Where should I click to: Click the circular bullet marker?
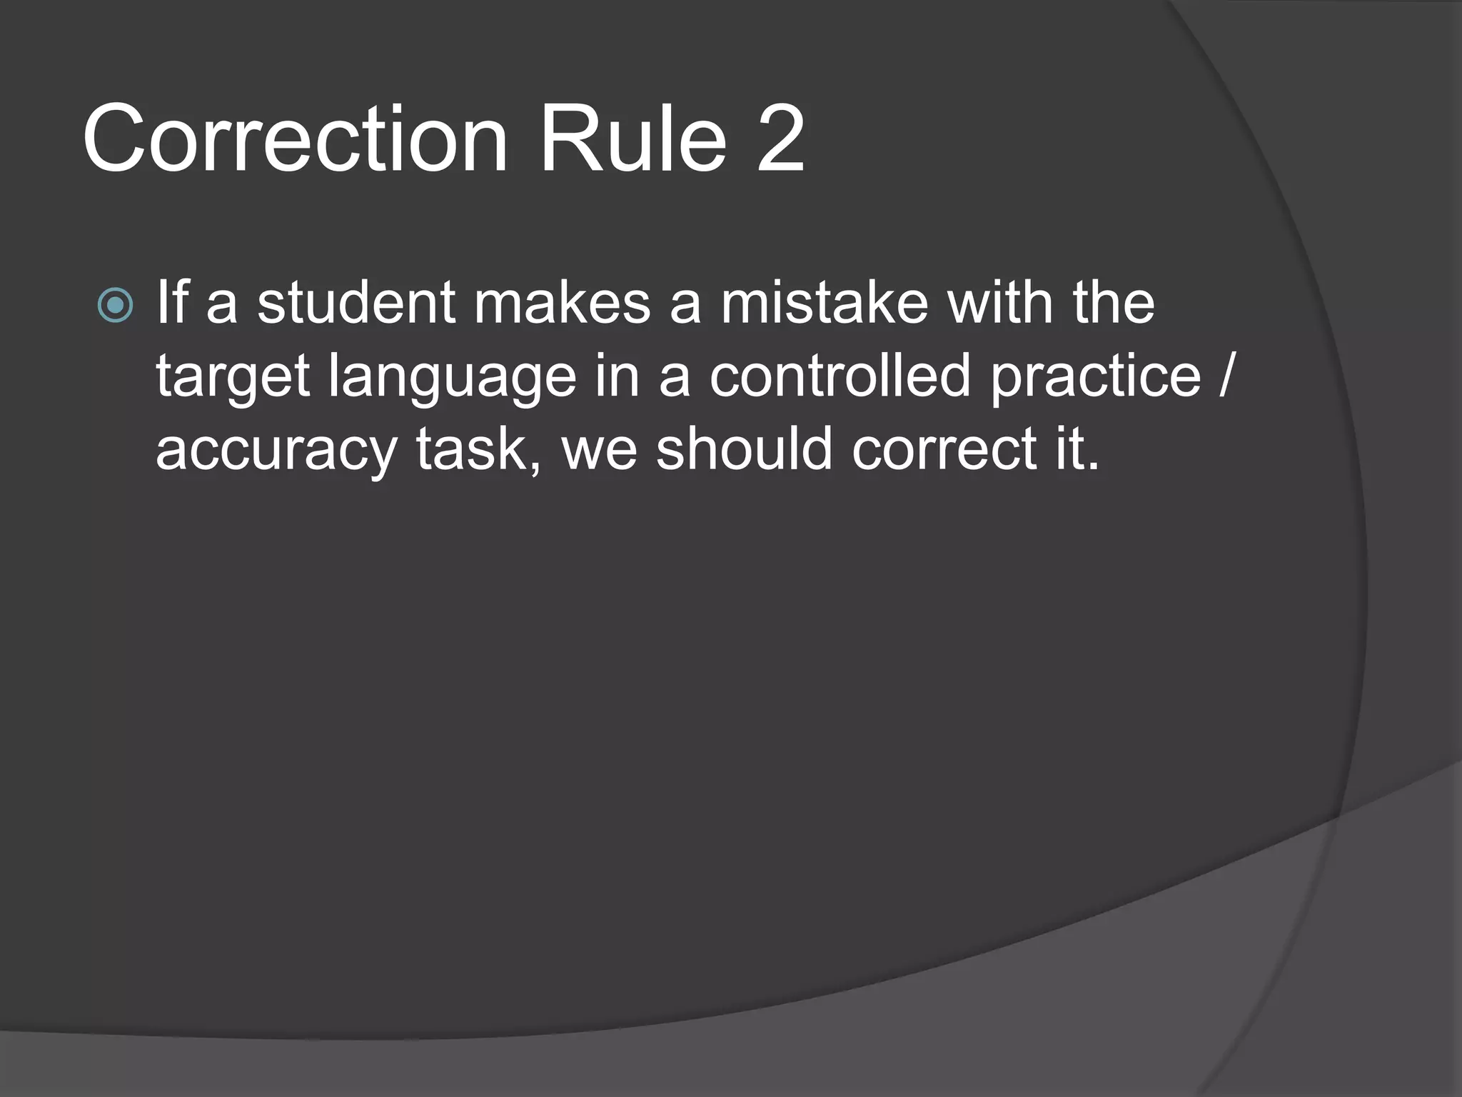click(x=115, y=306)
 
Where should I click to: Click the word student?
click(x=356, y=302)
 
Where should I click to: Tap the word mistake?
click(x=824, y=302)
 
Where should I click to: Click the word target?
click(x=233, y=376)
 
